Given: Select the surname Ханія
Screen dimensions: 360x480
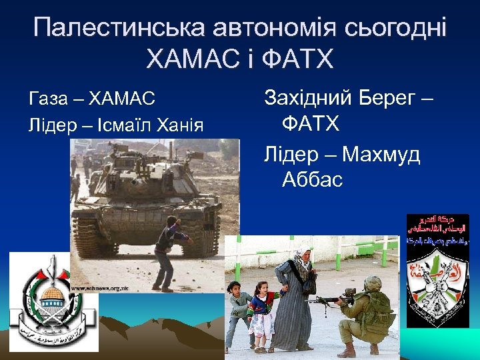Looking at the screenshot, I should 179,125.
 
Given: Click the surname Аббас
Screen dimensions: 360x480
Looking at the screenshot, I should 312,179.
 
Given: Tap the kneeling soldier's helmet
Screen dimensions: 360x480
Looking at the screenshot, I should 372,284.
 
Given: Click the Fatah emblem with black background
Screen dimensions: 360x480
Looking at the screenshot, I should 437,271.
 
